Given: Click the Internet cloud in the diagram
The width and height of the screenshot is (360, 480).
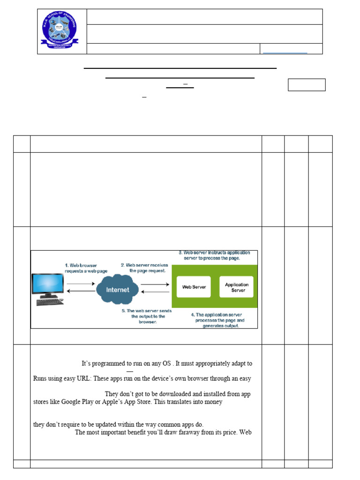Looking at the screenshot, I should coord(118,289).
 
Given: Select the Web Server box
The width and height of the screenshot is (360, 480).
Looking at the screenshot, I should coord(194,287).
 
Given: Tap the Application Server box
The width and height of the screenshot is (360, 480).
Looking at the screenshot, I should coord(236,287).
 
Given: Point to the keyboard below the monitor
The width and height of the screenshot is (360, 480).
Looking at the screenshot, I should coord(50,302).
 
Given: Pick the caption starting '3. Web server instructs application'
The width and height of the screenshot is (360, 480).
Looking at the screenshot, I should coord(214,255).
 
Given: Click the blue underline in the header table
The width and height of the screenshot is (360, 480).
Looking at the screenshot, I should coord(285,53).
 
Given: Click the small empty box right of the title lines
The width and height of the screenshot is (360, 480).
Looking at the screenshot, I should coord(307,85).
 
